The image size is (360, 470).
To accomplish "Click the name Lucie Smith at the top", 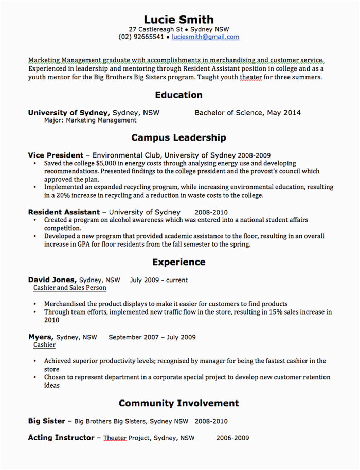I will [178, 20].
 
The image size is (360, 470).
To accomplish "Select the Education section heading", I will [178, 95].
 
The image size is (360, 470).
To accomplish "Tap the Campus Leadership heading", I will [178, 137].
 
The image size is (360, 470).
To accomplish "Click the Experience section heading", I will [178, 262].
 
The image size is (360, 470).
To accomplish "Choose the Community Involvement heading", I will [178, 403].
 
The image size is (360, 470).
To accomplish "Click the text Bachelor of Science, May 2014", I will [247, 113].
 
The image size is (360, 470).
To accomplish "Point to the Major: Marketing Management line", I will [90, 120].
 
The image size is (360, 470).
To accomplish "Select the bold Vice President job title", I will [56, 155].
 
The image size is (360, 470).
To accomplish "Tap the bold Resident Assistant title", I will [64, 212].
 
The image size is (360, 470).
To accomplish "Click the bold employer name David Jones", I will [51, 280].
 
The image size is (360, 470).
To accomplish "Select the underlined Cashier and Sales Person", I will [69, 288].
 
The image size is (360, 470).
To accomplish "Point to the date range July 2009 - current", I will [159, 280].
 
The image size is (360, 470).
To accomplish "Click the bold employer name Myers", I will [40, 337].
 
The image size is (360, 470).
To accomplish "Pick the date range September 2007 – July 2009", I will [152, 337].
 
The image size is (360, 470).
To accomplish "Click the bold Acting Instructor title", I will [61, 438].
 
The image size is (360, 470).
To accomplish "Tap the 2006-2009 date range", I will [232, 438].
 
